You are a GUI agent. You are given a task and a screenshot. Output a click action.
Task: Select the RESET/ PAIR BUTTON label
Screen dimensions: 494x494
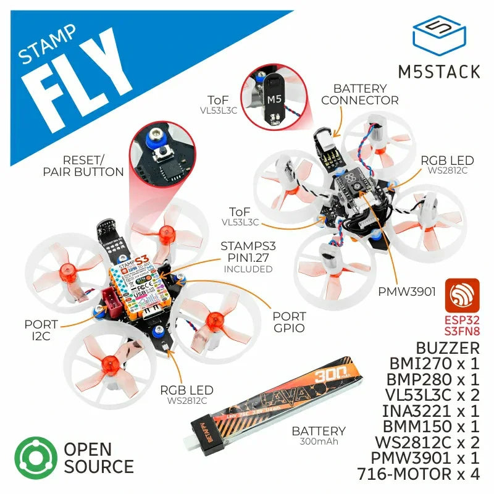tap(83, 165)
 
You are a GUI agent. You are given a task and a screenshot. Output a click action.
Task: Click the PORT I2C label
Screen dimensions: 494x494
tap(41, 330)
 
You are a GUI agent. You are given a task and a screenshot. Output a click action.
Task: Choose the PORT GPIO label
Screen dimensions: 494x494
tap(289, 322)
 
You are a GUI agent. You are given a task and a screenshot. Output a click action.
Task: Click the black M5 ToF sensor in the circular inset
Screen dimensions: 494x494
tap(274, 99)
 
